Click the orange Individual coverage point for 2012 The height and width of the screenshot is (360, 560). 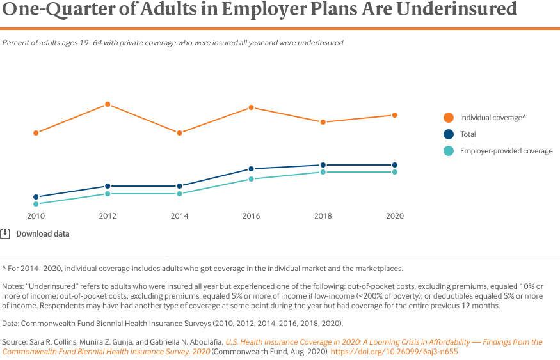(108, 104)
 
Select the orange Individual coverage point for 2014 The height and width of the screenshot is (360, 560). (179, 133)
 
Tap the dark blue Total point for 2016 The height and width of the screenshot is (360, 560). (252, 169)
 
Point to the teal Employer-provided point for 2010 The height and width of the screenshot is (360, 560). (36, 204)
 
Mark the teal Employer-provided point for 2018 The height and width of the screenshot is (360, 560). (323, 172)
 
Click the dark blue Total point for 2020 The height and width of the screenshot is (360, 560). (395, 165)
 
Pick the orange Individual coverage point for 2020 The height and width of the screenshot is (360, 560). (395, 115)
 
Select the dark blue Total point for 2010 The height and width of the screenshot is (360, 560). (36, 197)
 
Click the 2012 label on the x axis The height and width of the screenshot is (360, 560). (108, 216)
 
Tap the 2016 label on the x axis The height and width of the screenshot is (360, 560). (252, 216)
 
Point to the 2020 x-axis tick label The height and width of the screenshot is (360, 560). (395, 216)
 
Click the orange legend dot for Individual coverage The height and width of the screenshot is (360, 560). (449, 118)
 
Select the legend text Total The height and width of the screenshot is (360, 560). (468, 134)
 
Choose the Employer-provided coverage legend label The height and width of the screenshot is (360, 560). (506, 151)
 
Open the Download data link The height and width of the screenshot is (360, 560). (43, 234)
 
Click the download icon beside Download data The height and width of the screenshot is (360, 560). (5, 233)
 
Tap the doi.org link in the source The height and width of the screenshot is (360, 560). (394, 352)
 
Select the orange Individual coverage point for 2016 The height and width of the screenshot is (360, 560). (252, 107)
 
